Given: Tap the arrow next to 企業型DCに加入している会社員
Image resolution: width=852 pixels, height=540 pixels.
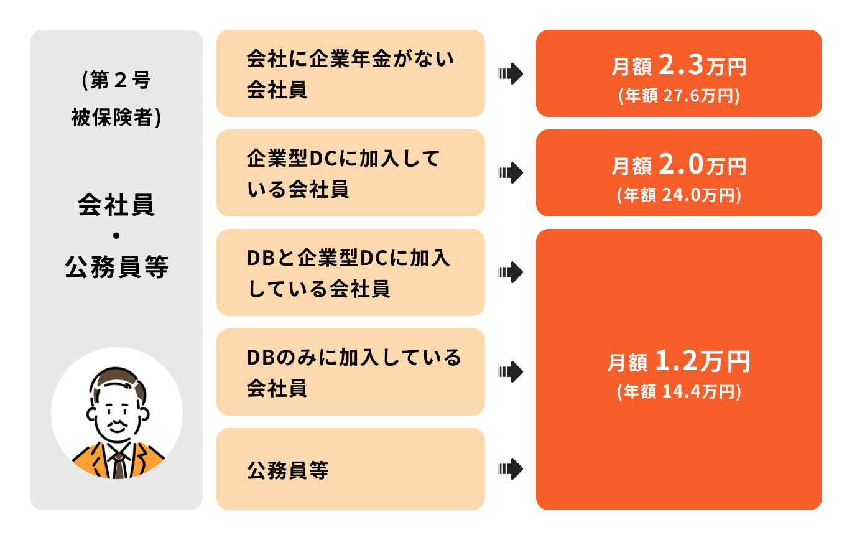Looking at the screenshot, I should point(510,173).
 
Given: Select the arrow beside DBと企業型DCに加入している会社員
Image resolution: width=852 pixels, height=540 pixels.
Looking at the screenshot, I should point(510,272).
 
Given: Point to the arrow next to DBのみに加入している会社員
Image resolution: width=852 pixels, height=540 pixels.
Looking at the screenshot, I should point(510,372).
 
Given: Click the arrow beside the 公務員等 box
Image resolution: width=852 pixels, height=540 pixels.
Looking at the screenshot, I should point(510,469).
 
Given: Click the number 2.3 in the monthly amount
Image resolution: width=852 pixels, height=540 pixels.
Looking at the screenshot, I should point(680,64).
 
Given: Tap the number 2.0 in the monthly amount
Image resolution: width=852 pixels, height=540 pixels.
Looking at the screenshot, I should point(680,164).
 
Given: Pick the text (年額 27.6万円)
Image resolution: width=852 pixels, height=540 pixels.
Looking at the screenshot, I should point(678,96).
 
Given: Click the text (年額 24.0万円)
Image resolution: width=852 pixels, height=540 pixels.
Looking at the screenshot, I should point(678,195).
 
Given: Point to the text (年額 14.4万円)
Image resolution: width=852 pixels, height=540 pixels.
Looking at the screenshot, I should point(678,392).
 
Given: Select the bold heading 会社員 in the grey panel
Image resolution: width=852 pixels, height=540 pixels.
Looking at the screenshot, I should point(116,205).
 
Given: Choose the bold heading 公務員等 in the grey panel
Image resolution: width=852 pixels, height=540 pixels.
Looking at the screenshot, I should point(116,268).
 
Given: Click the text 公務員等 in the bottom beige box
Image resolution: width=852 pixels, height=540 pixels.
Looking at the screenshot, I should point(287,470).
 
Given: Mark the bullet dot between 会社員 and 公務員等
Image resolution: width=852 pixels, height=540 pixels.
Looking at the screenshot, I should point(116,237).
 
